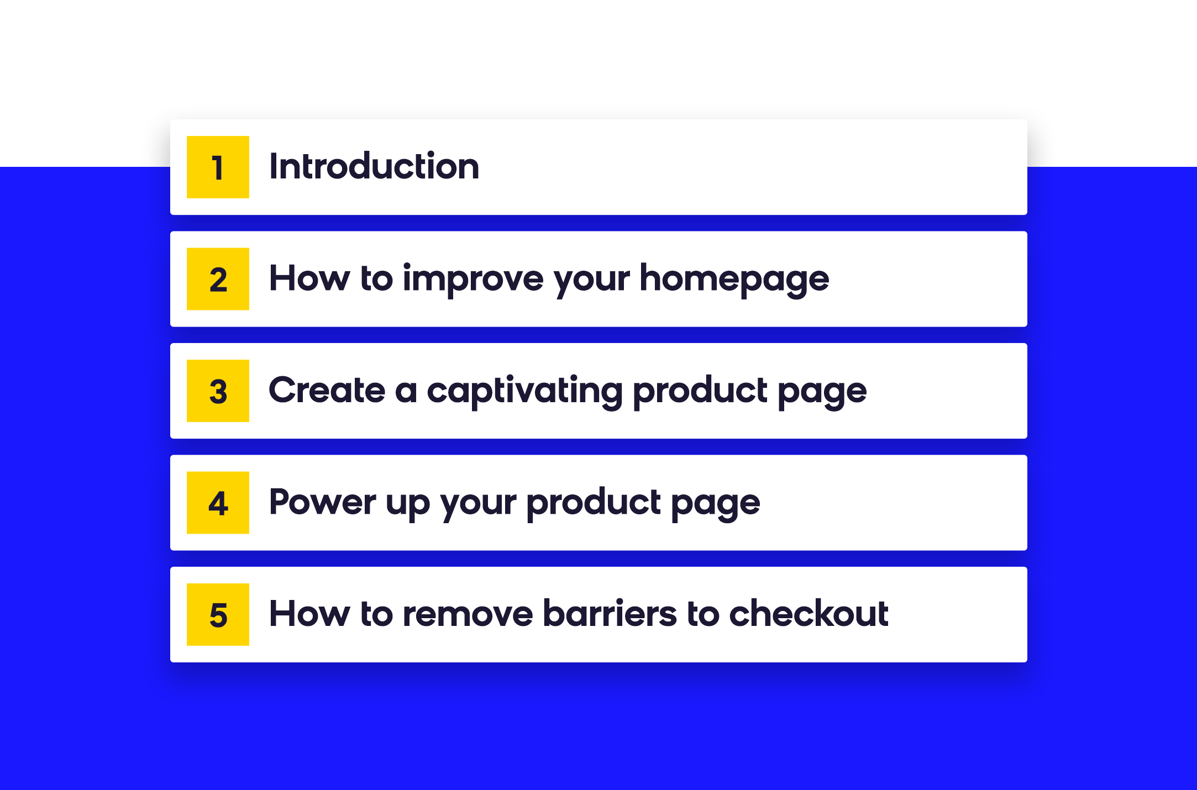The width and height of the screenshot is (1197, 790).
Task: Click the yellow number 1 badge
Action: click(218, 167)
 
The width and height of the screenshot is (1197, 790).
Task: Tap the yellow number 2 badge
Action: click(218, 279)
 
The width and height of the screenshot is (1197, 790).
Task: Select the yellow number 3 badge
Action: click(218, 391)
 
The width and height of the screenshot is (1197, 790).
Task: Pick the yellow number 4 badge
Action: click(218, 503)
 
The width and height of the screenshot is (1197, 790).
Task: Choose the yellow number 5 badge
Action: click(218, 614)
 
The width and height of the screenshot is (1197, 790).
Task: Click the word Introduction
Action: click(374, 166)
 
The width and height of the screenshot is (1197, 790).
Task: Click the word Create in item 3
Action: click(327, 390)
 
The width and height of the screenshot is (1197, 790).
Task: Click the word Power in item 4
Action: click(323, 502)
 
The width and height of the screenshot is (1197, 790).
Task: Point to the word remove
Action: click(468, 614)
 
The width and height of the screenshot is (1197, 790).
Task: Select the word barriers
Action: click(610, 613)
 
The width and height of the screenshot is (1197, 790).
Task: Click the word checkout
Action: click(809, 613)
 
